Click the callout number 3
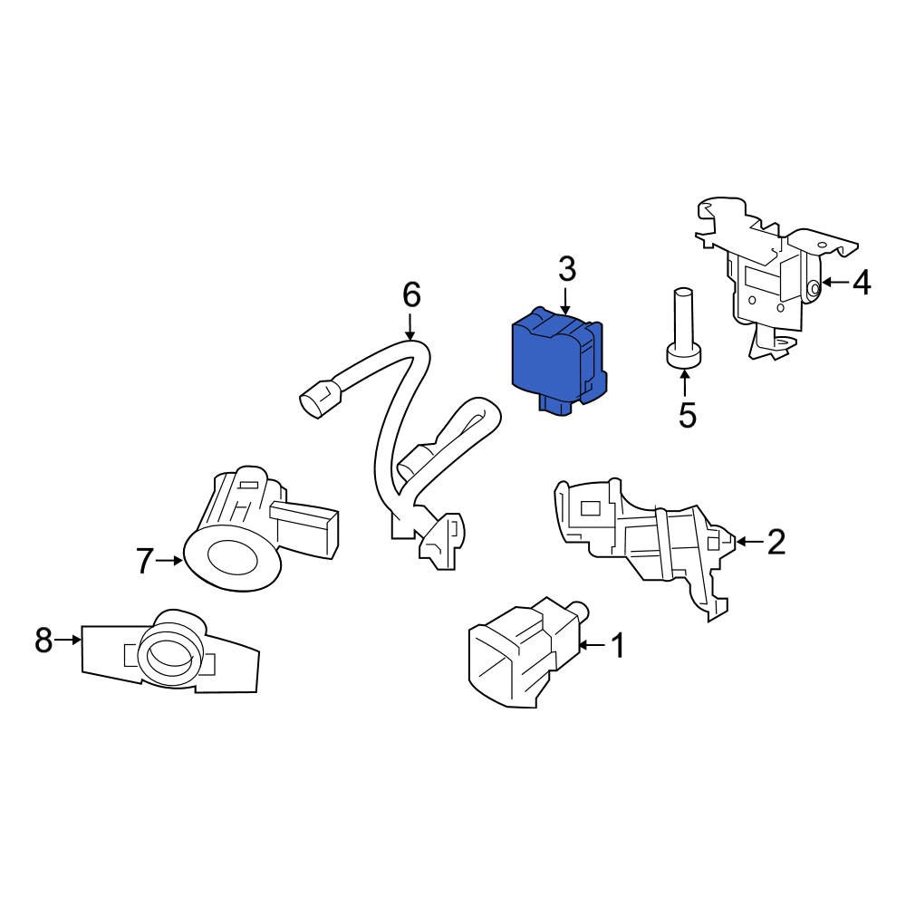(x=566, y=269)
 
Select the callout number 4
(x=862, y=284)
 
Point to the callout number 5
(x=687, y=416)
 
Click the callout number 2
(x=776, y=542)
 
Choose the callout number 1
(x=618, y=646)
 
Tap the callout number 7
(x=145, y=562)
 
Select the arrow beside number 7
(x=170, y=562)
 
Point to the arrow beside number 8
(x=69, y=641)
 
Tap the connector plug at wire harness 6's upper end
(x=318, y=399)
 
